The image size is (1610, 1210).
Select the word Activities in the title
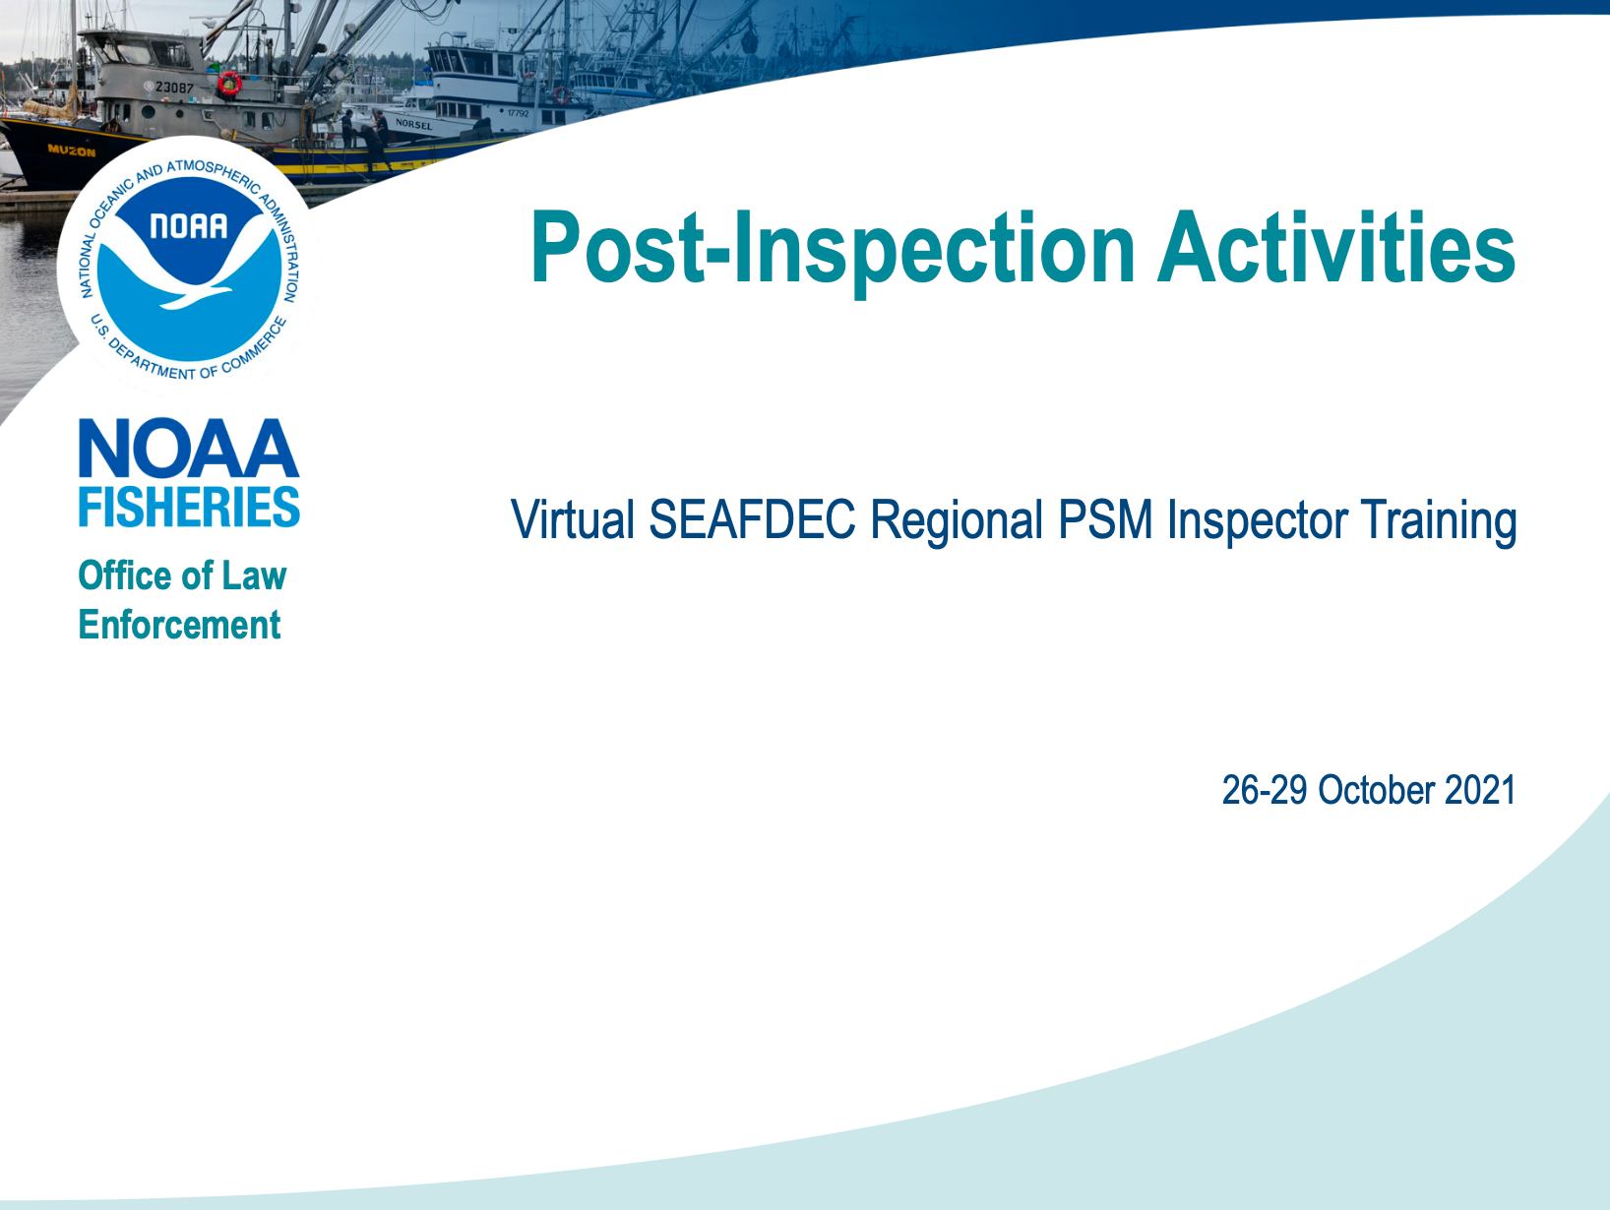click(x=1336, y=247)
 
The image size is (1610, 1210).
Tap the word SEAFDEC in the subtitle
click(x=752, y=519)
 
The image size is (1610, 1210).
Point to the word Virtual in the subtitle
click(x=573, y=519)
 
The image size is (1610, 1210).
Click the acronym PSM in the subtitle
click(x=1105, y=519)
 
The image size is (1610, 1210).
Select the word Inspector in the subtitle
click(x=1257, y=521)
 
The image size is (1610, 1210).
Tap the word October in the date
click(x=1376, y=790)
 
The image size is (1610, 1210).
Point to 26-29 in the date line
click(x=1265, y=790)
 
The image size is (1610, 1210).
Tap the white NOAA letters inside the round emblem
click(x=189, y=226)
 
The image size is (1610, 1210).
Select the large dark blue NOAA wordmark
click(x=189, y=448)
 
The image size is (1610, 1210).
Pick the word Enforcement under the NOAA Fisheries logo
click(x=180, y=625)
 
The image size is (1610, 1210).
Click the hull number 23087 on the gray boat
click(x=174, y=88)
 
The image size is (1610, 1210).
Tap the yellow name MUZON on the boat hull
click(x=71, y=151)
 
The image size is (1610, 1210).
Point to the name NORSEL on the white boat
click(x=413, y=124)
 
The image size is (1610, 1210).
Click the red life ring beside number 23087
click(x=229, y=83)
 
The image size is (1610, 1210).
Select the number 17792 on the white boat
click(x=518, y=113)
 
